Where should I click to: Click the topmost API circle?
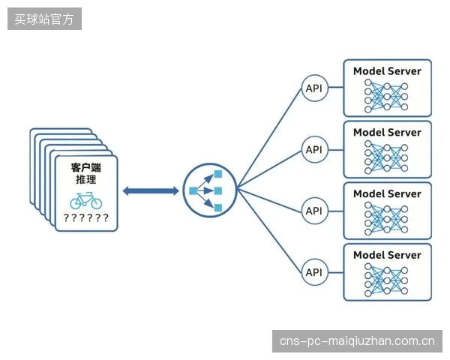(314, 88)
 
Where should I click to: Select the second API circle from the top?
(314, 149)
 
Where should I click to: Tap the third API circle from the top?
(314, 211)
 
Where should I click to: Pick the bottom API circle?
(314, 272)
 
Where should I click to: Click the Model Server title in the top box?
(387, 71)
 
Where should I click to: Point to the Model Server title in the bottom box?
(387, 255)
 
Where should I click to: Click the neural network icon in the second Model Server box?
(386, 157)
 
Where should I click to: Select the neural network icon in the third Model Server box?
(386, 219)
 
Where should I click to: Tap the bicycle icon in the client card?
(85, 201)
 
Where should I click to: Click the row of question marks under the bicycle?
(85, 218)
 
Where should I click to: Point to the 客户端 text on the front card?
(85, 167)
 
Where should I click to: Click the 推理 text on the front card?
(85, 180)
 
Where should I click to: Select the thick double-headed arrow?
(151, 191)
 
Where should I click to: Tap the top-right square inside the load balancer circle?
(218, 174)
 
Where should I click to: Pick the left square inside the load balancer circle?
(193, 190)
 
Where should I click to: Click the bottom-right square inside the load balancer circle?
(218, 208)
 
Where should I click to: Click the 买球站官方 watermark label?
(44, 19)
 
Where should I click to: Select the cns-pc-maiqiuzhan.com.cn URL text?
(357, 341)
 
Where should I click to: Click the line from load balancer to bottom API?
(270, 231)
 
